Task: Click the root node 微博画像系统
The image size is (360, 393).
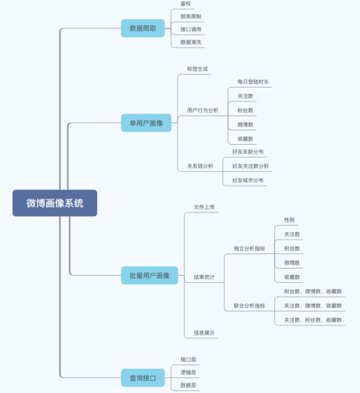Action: click(55, 203)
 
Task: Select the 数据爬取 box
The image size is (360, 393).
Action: click(143, 29)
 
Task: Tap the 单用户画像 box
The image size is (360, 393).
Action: click(146, 123)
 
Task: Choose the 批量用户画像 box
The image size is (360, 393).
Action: click(149, 276)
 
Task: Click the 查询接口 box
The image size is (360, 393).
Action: click(143, 377)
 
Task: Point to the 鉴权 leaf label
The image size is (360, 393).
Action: click(186, 3)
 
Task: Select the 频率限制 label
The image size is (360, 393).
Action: click(191, 16)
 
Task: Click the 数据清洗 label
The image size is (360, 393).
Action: click(191, 42)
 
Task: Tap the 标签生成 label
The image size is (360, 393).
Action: click(198, 69)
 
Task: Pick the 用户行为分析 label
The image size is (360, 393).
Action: click(203, 110)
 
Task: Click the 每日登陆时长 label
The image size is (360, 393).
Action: click(253, 82)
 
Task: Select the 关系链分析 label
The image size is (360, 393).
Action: click(200, 166)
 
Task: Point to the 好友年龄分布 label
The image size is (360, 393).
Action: click(248, 152)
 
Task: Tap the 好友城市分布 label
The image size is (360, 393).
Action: click(248, 180)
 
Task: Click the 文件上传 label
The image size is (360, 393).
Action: click(205, 207)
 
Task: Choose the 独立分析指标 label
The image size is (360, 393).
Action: click(250, 248)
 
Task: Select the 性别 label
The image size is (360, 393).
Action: click(290, 220)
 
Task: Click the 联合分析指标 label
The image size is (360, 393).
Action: click(250, 305)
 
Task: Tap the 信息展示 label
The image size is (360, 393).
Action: click(205, 332)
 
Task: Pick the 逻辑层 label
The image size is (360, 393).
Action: click(188, 372)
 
